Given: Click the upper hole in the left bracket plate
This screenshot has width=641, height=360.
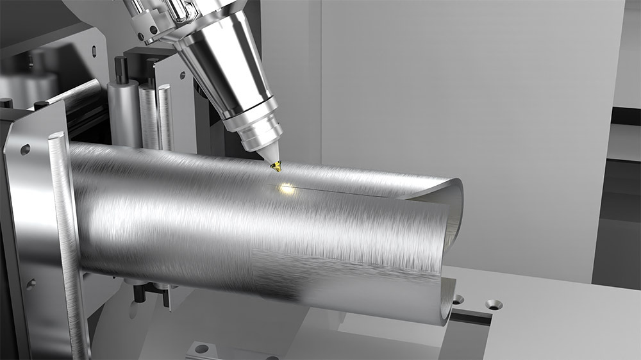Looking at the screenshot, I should click(25, 149).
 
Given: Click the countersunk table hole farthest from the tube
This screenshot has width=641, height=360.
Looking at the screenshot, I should click(493, 304).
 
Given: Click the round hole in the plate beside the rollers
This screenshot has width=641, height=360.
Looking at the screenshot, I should click(182, 75).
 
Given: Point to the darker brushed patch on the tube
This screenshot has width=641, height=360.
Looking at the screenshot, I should click(288, 269).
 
